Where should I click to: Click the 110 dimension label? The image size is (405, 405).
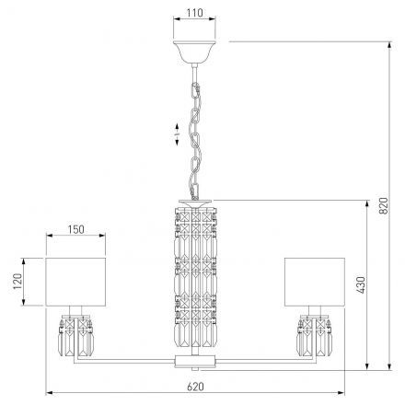(194, 13)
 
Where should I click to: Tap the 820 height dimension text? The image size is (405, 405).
(384, 205)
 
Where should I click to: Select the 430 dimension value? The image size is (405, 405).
(361, 284)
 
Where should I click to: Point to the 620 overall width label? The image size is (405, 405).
(195, 387)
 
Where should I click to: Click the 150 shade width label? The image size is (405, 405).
(75, 229)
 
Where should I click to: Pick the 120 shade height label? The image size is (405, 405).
(17, 281)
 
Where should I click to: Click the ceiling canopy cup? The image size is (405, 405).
(194, 52)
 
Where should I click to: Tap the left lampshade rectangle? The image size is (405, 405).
(75, 282)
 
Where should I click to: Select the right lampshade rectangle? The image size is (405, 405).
(315, 282)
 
